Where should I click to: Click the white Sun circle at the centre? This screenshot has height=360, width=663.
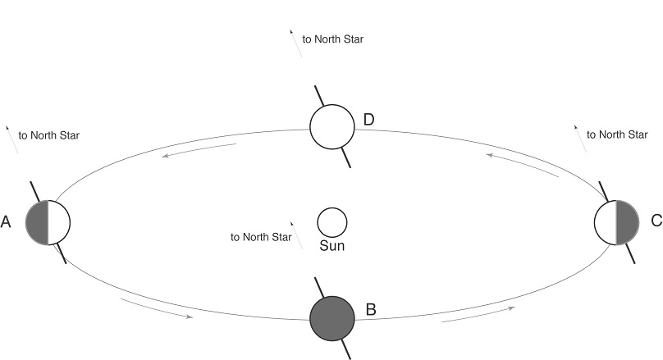click(332, 221)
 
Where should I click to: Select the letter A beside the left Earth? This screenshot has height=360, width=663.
click(7, 222)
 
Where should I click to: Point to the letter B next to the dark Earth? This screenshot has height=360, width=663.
click(371, 310)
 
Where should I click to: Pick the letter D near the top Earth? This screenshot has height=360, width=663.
click(369, 121)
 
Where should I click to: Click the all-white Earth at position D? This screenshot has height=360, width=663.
click(332, 127)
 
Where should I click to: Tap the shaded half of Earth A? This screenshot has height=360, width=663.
click(37, 222)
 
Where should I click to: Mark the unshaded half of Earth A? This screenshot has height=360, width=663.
click(59, 222)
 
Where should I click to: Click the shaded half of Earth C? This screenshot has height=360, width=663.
click(626, 222)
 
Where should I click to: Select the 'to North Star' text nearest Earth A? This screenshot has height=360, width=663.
click(49, 135)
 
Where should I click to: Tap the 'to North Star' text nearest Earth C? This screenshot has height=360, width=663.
click(617, 134)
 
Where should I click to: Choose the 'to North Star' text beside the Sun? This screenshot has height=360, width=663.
click(261, 237)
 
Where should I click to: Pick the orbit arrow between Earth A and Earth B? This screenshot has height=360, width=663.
click(156, 308)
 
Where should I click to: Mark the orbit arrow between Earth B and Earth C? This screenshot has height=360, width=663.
click(479, 314)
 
